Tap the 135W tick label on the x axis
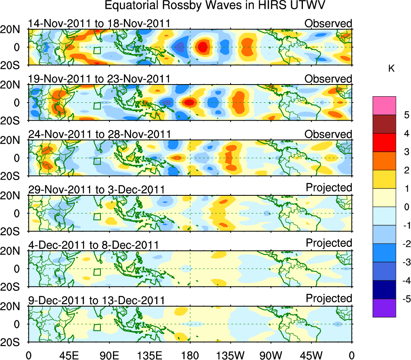pos(230,355)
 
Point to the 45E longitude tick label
pos(68,355)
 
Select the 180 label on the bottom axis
pos(190,355)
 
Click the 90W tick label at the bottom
pos(271,355)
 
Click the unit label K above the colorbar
pos(391,69)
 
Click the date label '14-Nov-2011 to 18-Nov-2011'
pos(99,24)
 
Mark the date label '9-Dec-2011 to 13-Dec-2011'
pos(96,301)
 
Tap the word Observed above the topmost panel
pos(328,23)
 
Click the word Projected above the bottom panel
pos(329,299)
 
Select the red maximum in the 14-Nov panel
pos(203,47)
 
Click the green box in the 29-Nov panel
pos(97,216)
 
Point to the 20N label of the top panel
pos(13,30)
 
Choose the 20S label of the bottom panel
pos(13,342)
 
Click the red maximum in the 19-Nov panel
pos(189,102)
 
